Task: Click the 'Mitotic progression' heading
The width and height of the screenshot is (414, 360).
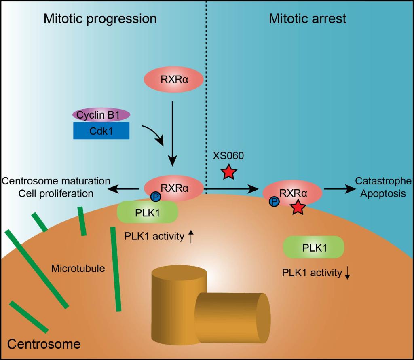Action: point(100,19)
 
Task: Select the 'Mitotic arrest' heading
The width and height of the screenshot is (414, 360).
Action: point(307,19)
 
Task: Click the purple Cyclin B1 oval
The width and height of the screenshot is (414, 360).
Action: point(101,114)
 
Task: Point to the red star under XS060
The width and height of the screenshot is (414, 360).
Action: point(229,173)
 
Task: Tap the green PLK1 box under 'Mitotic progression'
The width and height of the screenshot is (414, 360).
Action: point(147,212)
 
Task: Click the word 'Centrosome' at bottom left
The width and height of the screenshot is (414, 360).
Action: point(44,344)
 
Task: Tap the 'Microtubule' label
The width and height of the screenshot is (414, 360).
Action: point(78,268)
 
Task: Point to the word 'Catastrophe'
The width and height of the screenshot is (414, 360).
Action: point(383,181)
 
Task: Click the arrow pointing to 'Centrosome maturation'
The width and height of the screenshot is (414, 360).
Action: point(126,188)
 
